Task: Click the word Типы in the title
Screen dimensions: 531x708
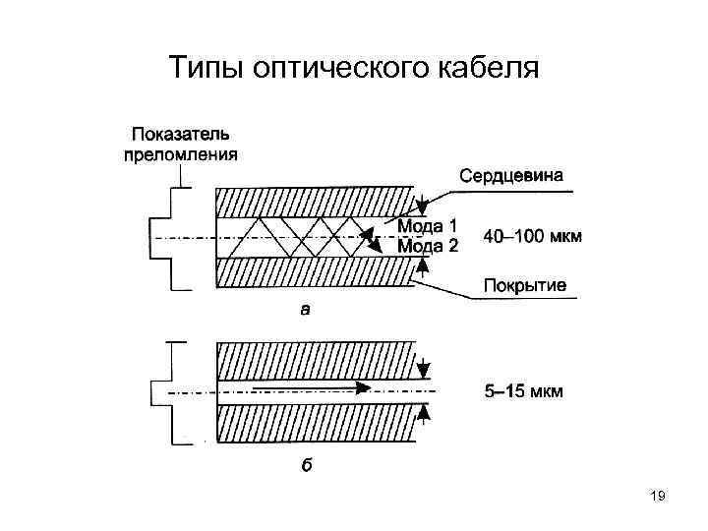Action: pyautogui.click(x=204, y=68)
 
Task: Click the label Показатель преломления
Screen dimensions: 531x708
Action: pyautogui.click(x=181, y=144)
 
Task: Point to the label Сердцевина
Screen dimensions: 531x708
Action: pyautogui.click(x=511, y=176)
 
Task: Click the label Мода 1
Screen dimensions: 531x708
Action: pyautogui.click(x=428, y=226)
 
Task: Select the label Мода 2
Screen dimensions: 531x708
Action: pyautogui.click(x=428, y=246)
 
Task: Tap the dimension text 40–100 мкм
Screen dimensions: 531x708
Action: pyautogui.click(x=533, y=236)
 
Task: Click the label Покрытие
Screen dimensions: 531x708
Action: pyautogui.click(x=524, y=286)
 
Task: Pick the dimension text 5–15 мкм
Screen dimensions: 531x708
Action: pyautogui.click(x=524, y=391)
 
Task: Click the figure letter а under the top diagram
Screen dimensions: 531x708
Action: pyautogui.click(x=305, y=310)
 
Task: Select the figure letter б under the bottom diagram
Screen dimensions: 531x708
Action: pyautogui.click(x=306, y=466)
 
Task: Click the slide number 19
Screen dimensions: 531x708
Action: pyautogui.click(x=658, y=498)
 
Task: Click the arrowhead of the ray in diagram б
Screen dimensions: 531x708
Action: pyautogui.click(x=365, y=388)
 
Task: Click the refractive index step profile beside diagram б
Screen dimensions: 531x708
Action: pyautogui.click(x=174, y=391)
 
